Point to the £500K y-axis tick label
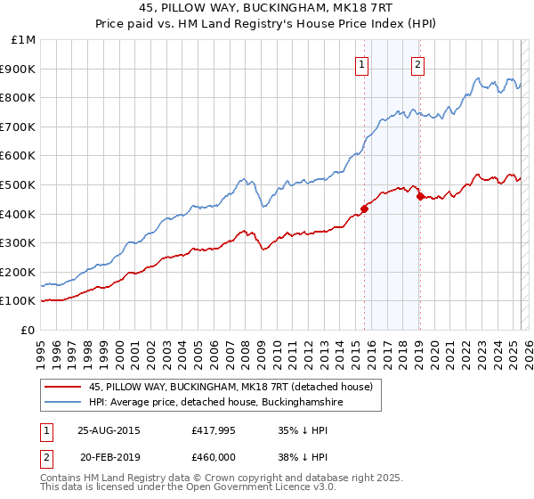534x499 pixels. pyautogui.click(x=20, y=184)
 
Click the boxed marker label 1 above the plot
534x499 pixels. pyautogui.click(x=362, y=63)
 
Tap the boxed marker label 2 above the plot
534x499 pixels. pyautogui.click(x=417, y=63)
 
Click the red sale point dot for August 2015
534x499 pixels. pyautogui.click(x=364, y=209)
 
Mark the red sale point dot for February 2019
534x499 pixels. pyautogui.click(x=419, y=196)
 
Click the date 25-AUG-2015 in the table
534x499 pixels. pyautogui.click(x=109, y=429)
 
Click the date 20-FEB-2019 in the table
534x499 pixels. pyautogui.click(x=109, y=456)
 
